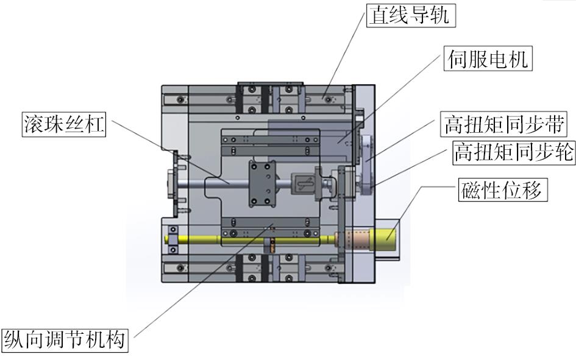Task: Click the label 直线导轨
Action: pyautogui.click(x=411, y=15)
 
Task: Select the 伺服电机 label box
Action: pyautogui.click(x=488, y=58)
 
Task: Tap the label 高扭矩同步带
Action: pyautogui.click(x=503, y=124)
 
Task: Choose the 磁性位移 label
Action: pyautogui.click(x=503, y=189)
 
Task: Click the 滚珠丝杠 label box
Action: pyautogui.click(x=64, y=124)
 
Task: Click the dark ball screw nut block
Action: pyautogui.click(x=262, y=183)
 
